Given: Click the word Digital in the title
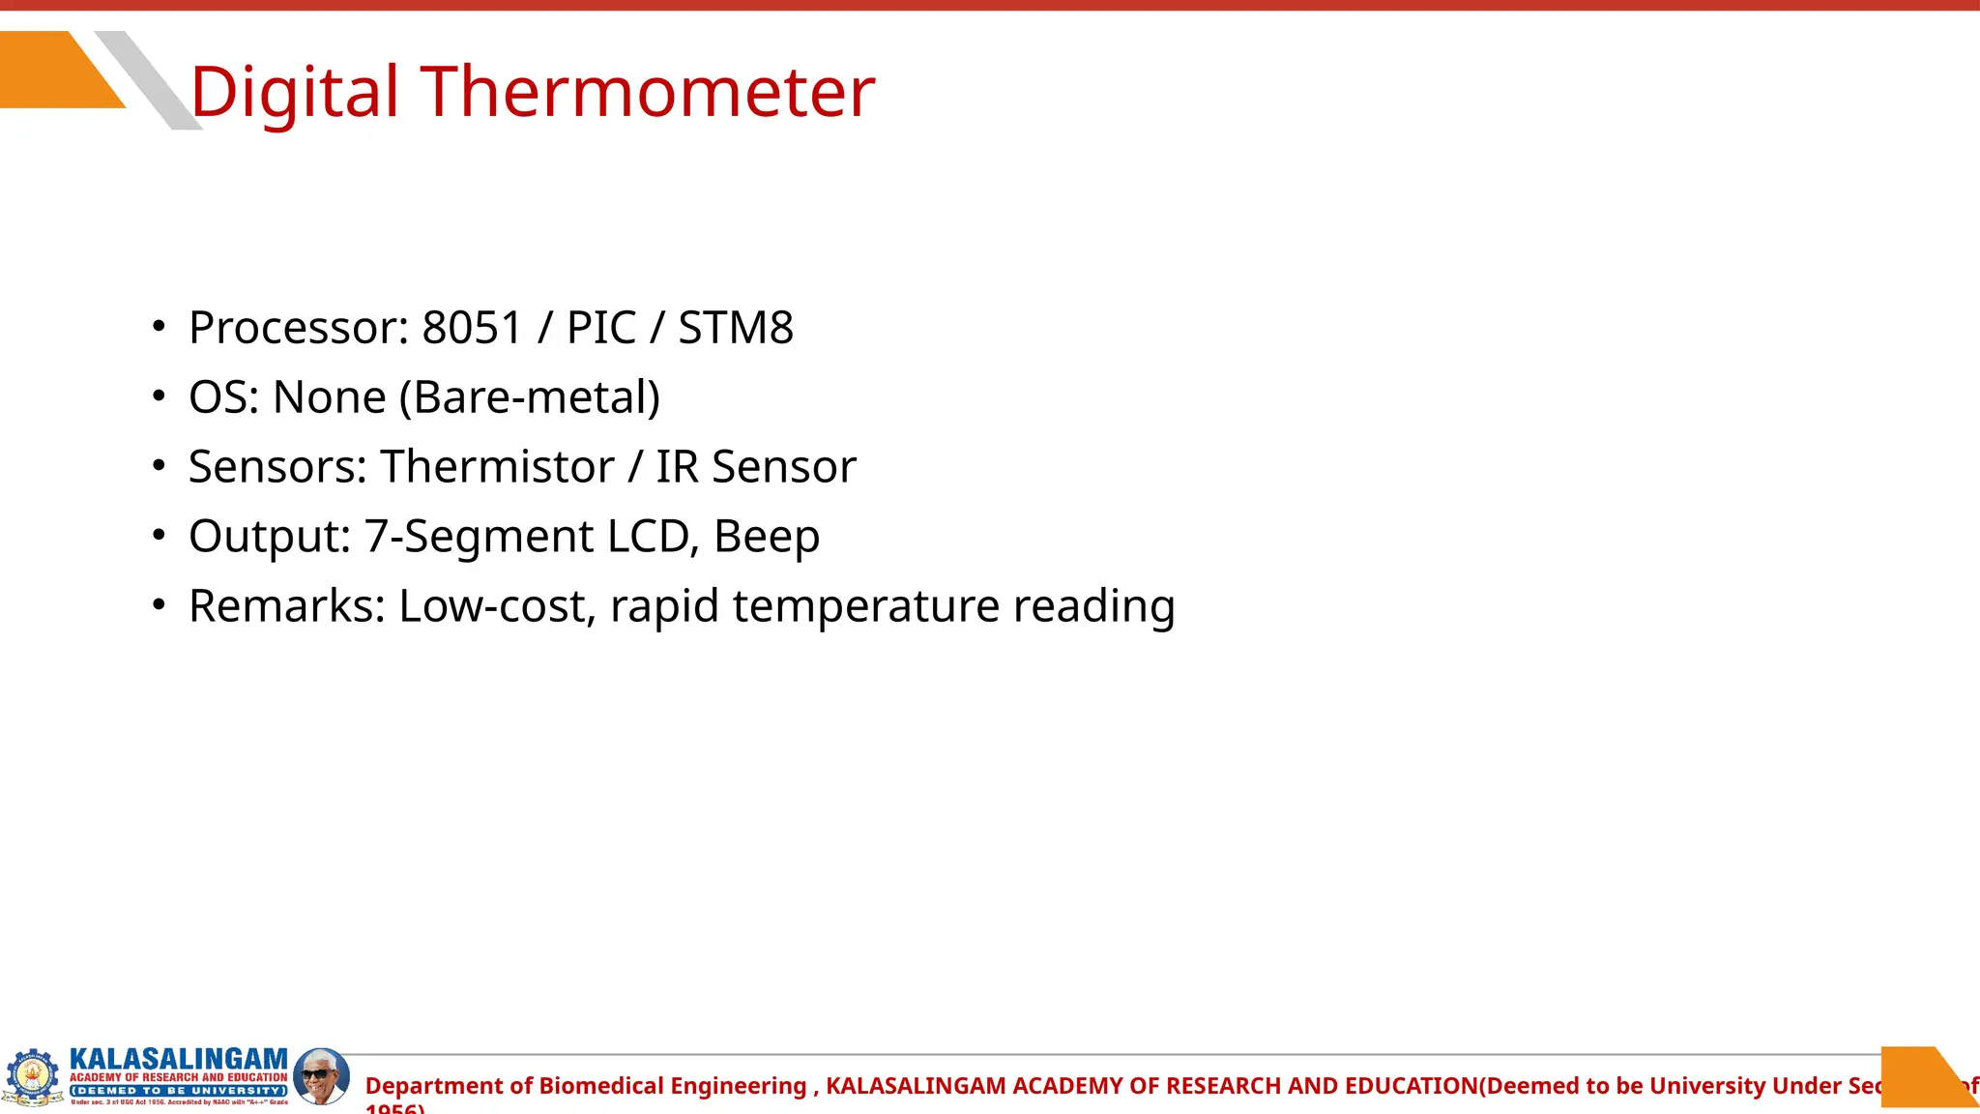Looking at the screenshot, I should point(294,92).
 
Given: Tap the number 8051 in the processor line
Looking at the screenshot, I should point(472,328).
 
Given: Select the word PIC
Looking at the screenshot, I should point(601,328).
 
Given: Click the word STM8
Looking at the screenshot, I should point(735,328).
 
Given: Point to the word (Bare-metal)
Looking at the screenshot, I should point(530,397).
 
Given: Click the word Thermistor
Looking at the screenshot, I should point(497,467).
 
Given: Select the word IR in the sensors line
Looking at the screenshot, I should point(677,467).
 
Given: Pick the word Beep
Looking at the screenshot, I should point(767,537).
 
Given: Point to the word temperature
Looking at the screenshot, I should point(865,606).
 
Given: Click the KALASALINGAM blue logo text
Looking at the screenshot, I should point(179,1060).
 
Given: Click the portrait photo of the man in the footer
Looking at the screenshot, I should point(321,1075).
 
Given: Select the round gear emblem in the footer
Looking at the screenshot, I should point(33,1075).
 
